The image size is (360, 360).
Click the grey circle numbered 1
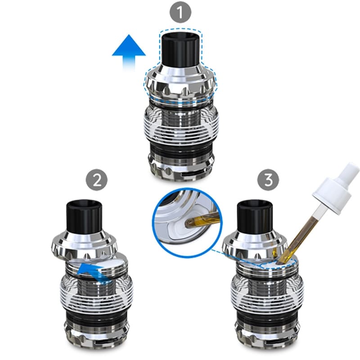click(180, 13)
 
